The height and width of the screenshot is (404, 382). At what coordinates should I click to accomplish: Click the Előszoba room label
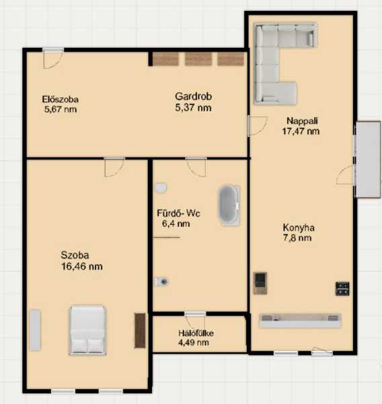[61, 99]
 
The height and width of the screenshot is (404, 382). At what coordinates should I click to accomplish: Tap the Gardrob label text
[193, 96]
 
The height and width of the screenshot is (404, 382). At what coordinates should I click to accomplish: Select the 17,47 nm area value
[301, 131]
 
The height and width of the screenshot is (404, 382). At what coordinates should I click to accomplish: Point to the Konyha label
[299, 228]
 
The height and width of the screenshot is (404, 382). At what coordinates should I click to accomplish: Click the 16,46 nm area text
[82, 267]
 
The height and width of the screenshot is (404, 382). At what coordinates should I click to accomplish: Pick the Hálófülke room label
[196, 333]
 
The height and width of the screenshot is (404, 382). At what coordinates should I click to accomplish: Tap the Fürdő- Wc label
[178, 213]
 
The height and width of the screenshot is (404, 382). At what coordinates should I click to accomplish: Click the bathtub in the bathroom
[229, 205]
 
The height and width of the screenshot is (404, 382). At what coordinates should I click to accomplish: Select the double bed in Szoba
[88, 330]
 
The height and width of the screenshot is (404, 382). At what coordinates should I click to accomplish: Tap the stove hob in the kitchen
[342, 289]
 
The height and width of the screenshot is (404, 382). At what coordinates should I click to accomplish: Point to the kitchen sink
[260, 283]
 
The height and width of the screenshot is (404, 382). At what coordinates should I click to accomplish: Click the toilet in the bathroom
[161, 281]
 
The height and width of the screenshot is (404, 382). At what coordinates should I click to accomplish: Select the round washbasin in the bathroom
[161, 188]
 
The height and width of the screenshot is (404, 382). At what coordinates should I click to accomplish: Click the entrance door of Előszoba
[53, 58]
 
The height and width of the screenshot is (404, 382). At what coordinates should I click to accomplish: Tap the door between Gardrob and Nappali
[258, 125]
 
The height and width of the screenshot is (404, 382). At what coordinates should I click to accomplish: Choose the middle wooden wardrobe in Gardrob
[198, 59]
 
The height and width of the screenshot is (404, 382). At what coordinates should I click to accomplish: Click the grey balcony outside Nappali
[368, 159]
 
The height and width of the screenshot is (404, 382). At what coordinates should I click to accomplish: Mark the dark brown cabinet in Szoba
[140, 331]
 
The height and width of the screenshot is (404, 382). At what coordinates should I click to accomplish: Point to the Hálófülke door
[195, 323]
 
